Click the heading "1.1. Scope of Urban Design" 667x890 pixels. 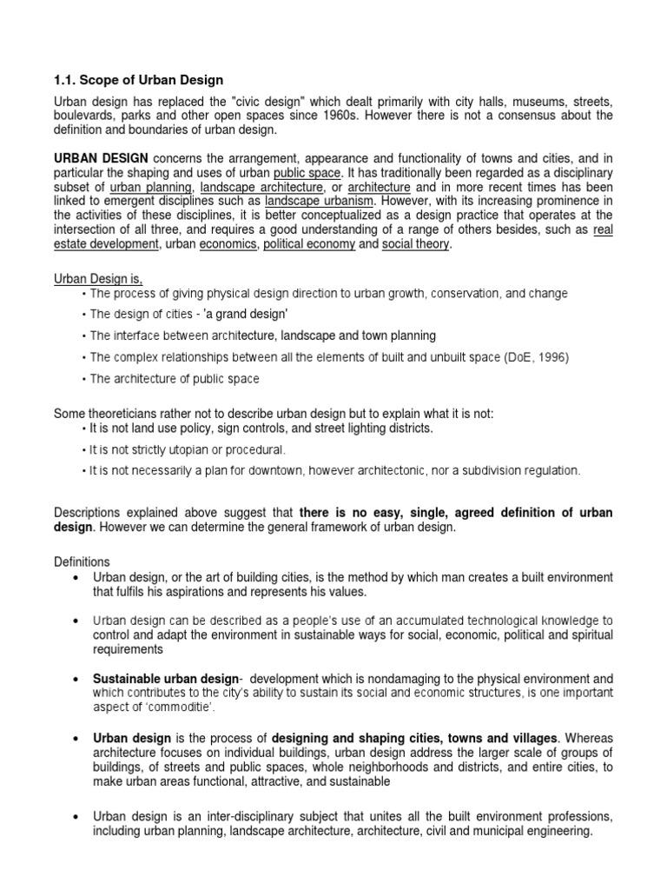pyautogui.click(x=138, y=81)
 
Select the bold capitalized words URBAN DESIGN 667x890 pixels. pyautogui.click(x=101, y=158)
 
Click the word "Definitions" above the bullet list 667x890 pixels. pyautogui.click(x=82, y=562)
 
